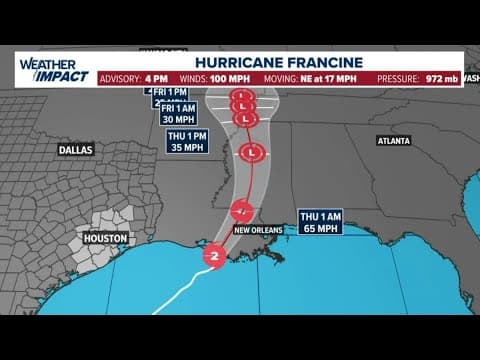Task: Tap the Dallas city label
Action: coord(75,149)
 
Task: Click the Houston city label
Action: coord(105,239)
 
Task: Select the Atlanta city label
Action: coord(394,141)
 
